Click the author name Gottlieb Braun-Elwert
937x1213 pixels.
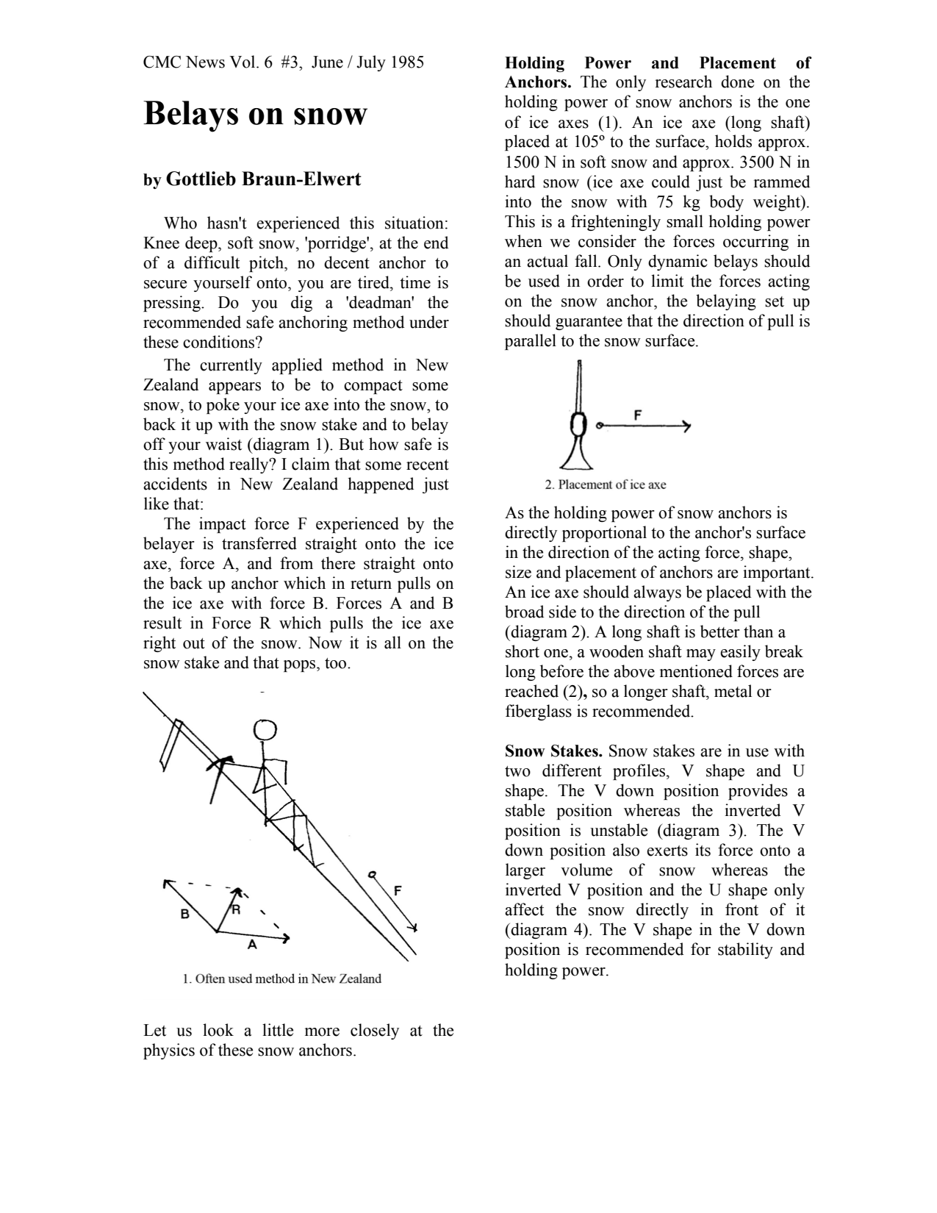(x=263, y=179)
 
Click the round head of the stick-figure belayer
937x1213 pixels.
(x=265, y=729)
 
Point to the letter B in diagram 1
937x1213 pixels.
(x=185, y=914)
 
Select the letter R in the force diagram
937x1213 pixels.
(x=236, y=910)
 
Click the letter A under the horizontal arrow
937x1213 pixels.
(x=252, y=945)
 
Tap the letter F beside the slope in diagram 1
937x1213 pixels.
(x=398, y=890)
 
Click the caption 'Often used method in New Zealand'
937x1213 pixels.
(x=282, y=978)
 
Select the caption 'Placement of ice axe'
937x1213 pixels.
(x=606, y=484)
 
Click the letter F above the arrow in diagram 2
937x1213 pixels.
(x=637, y=415)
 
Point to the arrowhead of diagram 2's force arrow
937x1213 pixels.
(x=686, y=426)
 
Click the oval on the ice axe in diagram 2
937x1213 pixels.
(x=579, y=424)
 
